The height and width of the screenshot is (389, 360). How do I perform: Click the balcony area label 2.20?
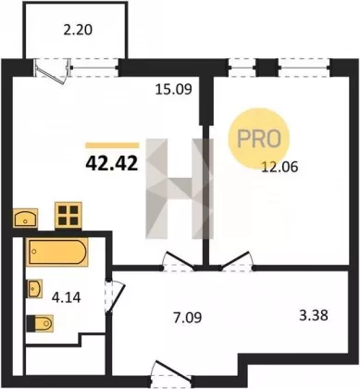pos(78,31)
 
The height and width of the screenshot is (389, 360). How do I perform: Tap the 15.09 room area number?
pos(173,90)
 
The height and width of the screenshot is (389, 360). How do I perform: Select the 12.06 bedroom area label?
pos(279,167)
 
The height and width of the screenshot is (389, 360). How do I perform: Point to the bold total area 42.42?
pos(112,163)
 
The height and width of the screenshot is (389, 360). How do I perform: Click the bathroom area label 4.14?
pos(67,297)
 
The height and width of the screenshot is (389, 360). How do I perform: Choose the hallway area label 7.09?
pos(188,318)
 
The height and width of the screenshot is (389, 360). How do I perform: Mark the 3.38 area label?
pos(314,316)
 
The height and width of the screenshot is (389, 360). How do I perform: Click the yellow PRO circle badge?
pos(259,138)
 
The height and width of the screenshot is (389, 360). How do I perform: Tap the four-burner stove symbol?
pos(68,215)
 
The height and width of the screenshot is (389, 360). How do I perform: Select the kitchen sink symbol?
pos(25,219)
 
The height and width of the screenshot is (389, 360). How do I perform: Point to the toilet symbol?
pos(40,323)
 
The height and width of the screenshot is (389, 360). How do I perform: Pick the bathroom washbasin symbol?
pos(35,288)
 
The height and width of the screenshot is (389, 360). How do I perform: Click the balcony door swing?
pos(51,71)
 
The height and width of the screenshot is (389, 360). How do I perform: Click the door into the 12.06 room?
pos(236,261)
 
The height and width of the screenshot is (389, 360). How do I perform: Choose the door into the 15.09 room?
pos(180,261)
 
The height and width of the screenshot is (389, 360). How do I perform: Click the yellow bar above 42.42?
pos(112,145)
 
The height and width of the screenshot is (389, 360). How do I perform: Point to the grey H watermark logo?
pos(180,189)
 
